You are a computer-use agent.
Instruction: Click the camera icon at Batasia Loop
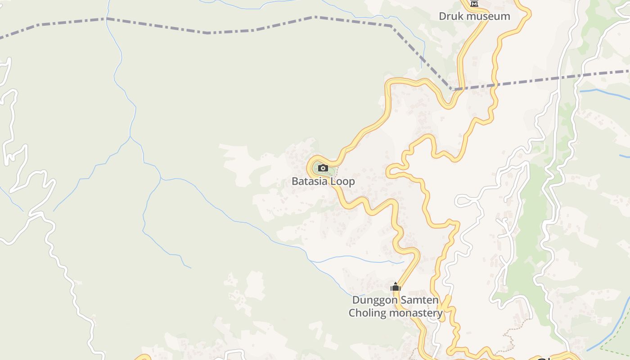click(323, 168)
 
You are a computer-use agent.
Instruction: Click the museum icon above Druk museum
click(474, 3)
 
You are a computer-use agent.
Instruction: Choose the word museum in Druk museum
click(488, 16)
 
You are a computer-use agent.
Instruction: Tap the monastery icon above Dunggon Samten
click(396, 287)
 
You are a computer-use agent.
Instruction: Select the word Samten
click(420, 300)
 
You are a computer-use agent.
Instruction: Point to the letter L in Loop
click(333, 181)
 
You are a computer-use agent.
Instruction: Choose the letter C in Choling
click(352, 313)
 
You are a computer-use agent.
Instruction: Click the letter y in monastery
click(440, 314)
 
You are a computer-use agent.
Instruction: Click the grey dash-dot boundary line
click(207, 32)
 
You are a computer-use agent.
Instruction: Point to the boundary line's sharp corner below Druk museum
click(452, 90)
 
